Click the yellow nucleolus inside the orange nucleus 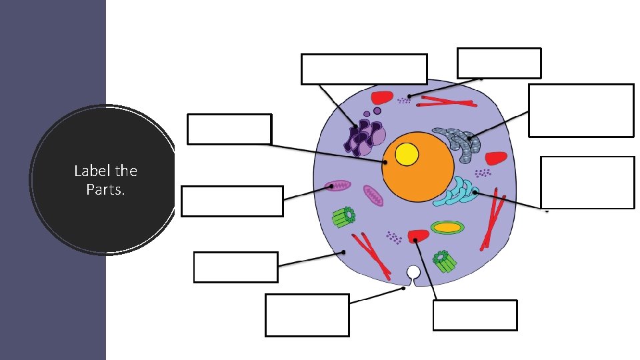407,155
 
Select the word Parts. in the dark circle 102,189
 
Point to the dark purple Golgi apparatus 364,135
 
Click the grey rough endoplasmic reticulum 456,143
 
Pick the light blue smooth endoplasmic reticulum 457,193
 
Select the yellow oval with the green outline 448,227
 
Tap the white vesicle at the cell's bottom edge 413,272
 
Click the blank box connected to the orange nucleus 229,129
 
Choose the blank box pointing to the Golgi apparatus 363,69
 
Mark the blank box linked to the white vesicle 307,315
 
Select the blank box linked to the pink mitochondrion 232,201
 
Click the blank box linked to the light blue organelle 587,182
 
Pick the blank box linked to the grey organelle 580,110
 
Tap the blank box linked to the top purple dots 499,63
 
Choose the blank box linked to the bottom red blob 475,315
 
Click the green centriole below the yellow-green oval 445,260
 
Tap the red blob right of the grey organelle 495,159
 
